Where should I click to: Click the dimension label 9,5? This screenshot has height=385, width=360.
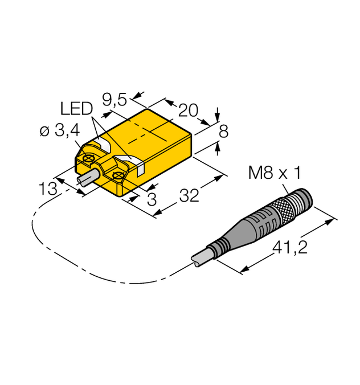point(116,100)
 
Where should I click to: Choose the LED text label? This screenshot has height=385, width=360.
point(76,108)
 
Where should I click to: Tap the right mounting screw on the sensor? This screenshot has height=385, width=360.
point(118,175)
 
